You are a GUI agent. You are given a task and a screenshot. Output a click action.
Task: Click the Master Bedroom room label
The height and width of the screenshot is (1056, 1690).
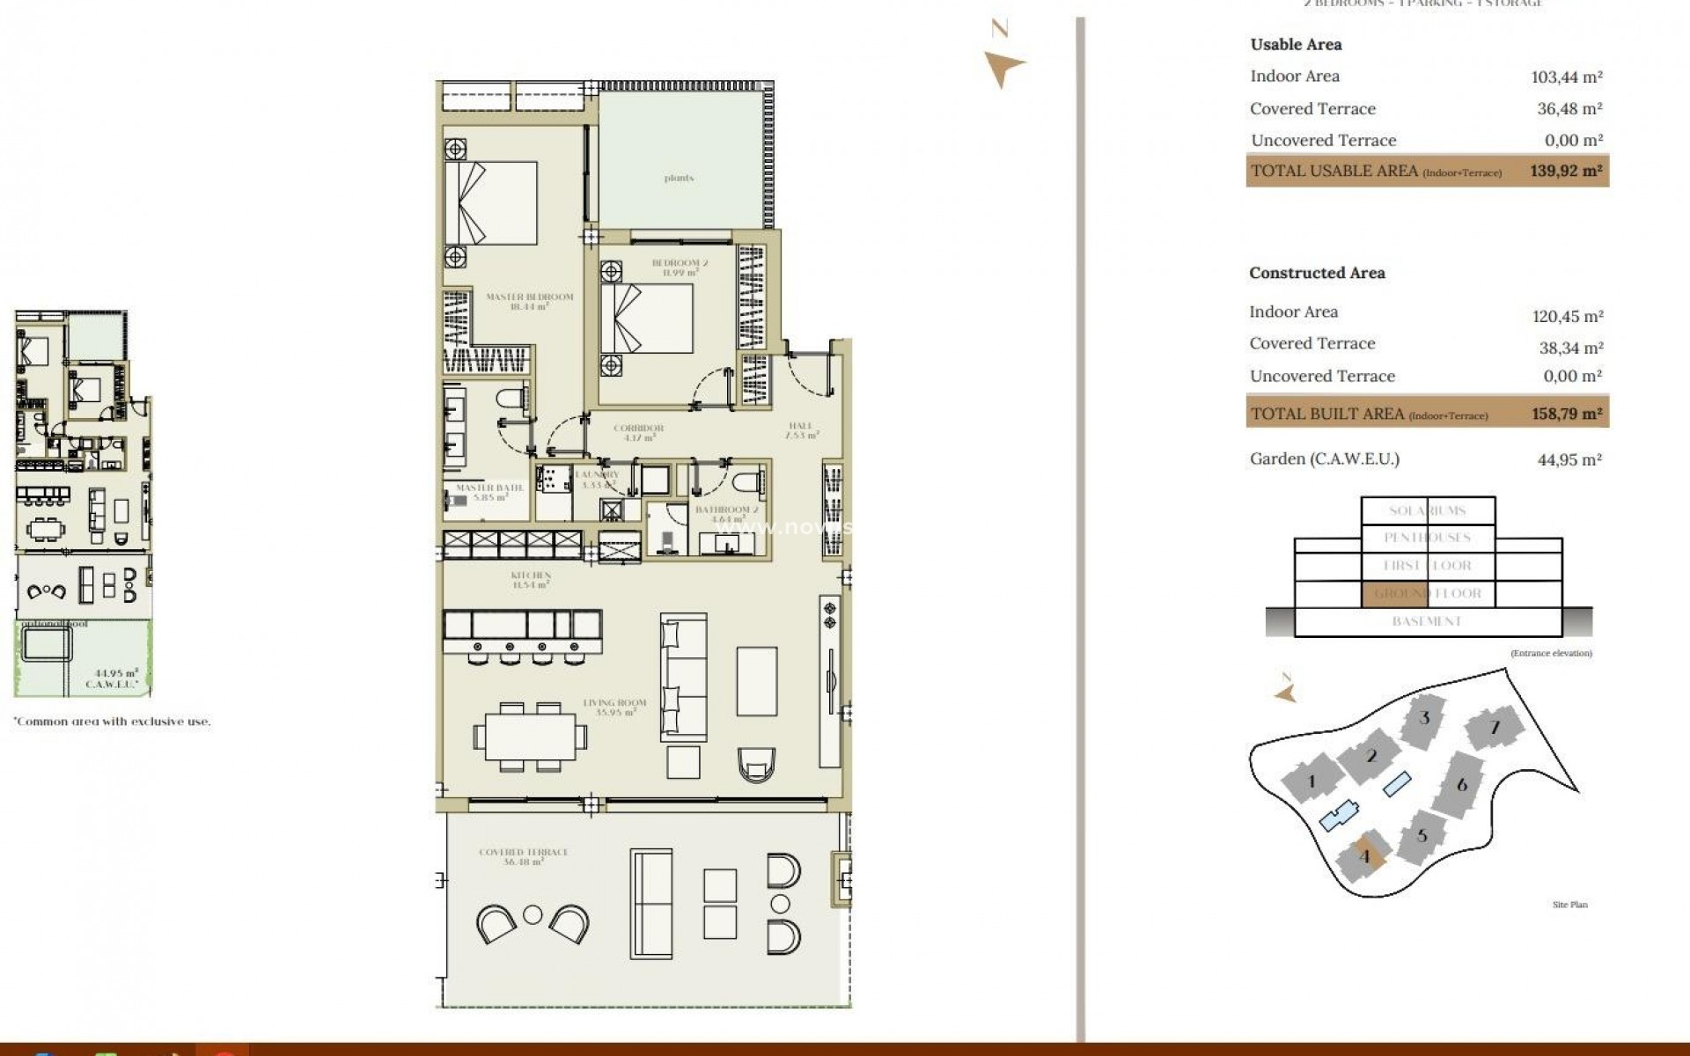point(529,301)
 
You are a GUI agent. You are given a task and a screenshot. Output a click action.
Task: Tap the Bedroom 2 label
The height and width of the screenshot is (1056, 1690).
point(680,267)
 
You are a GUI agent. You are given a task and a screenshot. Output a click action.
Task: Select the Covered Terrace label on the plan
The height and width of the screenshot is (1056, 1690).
point(523,856)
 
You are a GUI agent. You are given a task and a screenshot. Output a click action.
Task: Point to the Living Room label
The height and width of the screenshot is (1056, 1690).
point(614,707)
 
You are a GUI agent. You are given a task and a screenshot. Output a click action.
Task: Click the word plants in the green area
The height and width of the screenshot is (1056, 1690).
point(679,178)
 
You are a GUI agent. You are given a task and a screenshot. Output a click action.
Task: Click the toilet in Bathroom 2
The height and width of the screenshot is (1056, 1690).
point(748,484)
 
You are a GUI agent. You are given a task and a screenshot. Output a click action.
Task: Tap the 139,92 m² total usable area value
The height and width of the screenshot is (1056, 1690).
point(1566,171)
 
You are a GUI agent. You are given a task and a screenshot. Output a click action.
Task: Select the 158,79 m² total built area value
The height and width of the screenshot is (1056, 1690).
point(1567,413)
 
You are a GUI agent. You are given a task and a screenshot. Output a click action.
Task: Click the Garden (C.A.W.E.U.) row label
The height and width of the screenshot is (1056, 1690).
point(1324,458)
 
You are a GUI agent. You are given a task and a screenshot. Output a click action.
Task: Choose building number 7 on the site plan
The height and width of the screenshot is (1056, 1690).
point(1494,728)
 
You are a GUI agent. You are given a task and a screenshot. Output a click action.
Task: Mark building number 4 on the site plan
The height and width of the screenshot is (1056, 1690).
point(1364,856)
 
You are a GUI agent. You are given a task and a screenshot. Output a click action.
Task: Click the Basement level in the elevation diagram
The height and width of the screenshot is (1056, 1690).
point(1427,621)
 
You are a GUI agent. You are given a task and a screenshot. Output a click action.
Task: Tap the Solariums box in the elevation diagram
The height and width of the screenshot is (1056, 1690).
point(1427,510)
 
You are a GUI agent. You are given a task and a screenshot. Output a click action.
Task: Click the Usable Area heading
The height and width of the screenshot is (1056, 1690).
point(1296,44)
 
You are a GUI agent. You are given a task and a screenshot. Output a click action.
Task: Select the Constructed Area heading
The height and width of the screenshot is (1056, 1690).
point(1317,273)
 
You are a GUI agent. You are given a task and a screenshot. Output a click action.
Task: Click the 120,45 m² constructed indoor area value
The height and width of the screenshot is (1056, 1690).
point(1567,316)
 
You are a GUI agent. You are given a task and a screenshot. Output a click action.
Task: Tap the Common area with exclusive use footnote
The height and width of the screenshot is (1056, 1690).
point(112,722)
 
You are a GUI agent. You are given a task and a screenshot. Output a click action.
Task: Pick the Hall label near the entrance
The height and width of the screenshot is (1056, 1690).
point(800,429)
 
